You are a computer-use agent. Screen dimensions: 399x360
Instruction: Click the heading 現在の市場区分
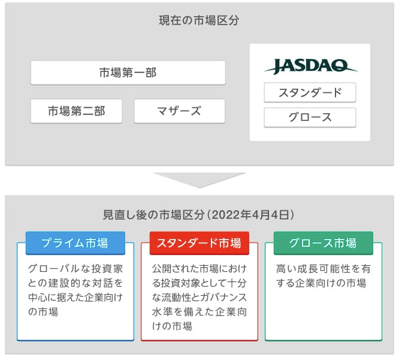pos(199,20)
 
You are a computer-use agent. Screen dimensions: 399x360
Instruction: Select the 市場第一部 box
pos(128,72)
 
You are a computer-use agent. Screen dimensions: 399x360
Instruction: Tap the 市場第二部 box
pos(76,111)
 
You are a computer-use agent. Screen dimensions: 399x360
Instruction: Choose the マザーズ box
pos(180,111)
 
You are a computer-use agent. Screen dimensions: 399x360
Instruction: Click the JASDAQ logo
pos(311,66)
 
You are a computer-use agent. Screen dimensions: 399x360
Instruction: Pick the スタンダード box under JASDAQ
pos(310,93)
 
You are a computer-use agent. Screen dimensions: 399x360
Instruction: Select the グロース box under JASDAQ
pos(310,117)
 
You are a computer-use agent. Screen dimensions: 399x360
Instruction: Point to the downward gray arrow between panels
pos(199,180)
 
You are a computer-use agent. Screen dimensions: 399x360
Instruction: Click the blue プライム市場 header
pos(75,243)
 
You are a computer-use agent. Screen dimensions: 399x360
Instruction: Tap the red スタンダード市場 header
pos(199,243)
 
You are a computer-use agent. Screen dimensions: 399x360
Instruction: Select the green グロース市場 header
pos(324,243)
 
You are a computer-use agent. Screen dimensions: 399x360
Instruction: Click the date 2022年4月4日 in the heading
pos(250,215)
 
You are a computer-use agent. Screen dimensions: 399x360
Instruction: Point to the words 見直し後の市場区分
pos(153,215)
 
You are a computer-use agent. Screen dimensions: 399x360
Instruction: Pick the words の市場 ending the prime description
pos(43,311)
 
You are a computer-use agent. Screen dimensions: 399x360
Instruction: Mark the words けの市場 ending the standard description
pos(172,326)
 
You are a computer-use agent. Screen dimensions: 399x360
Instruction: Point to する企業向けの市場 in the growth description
pos(321,283)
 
